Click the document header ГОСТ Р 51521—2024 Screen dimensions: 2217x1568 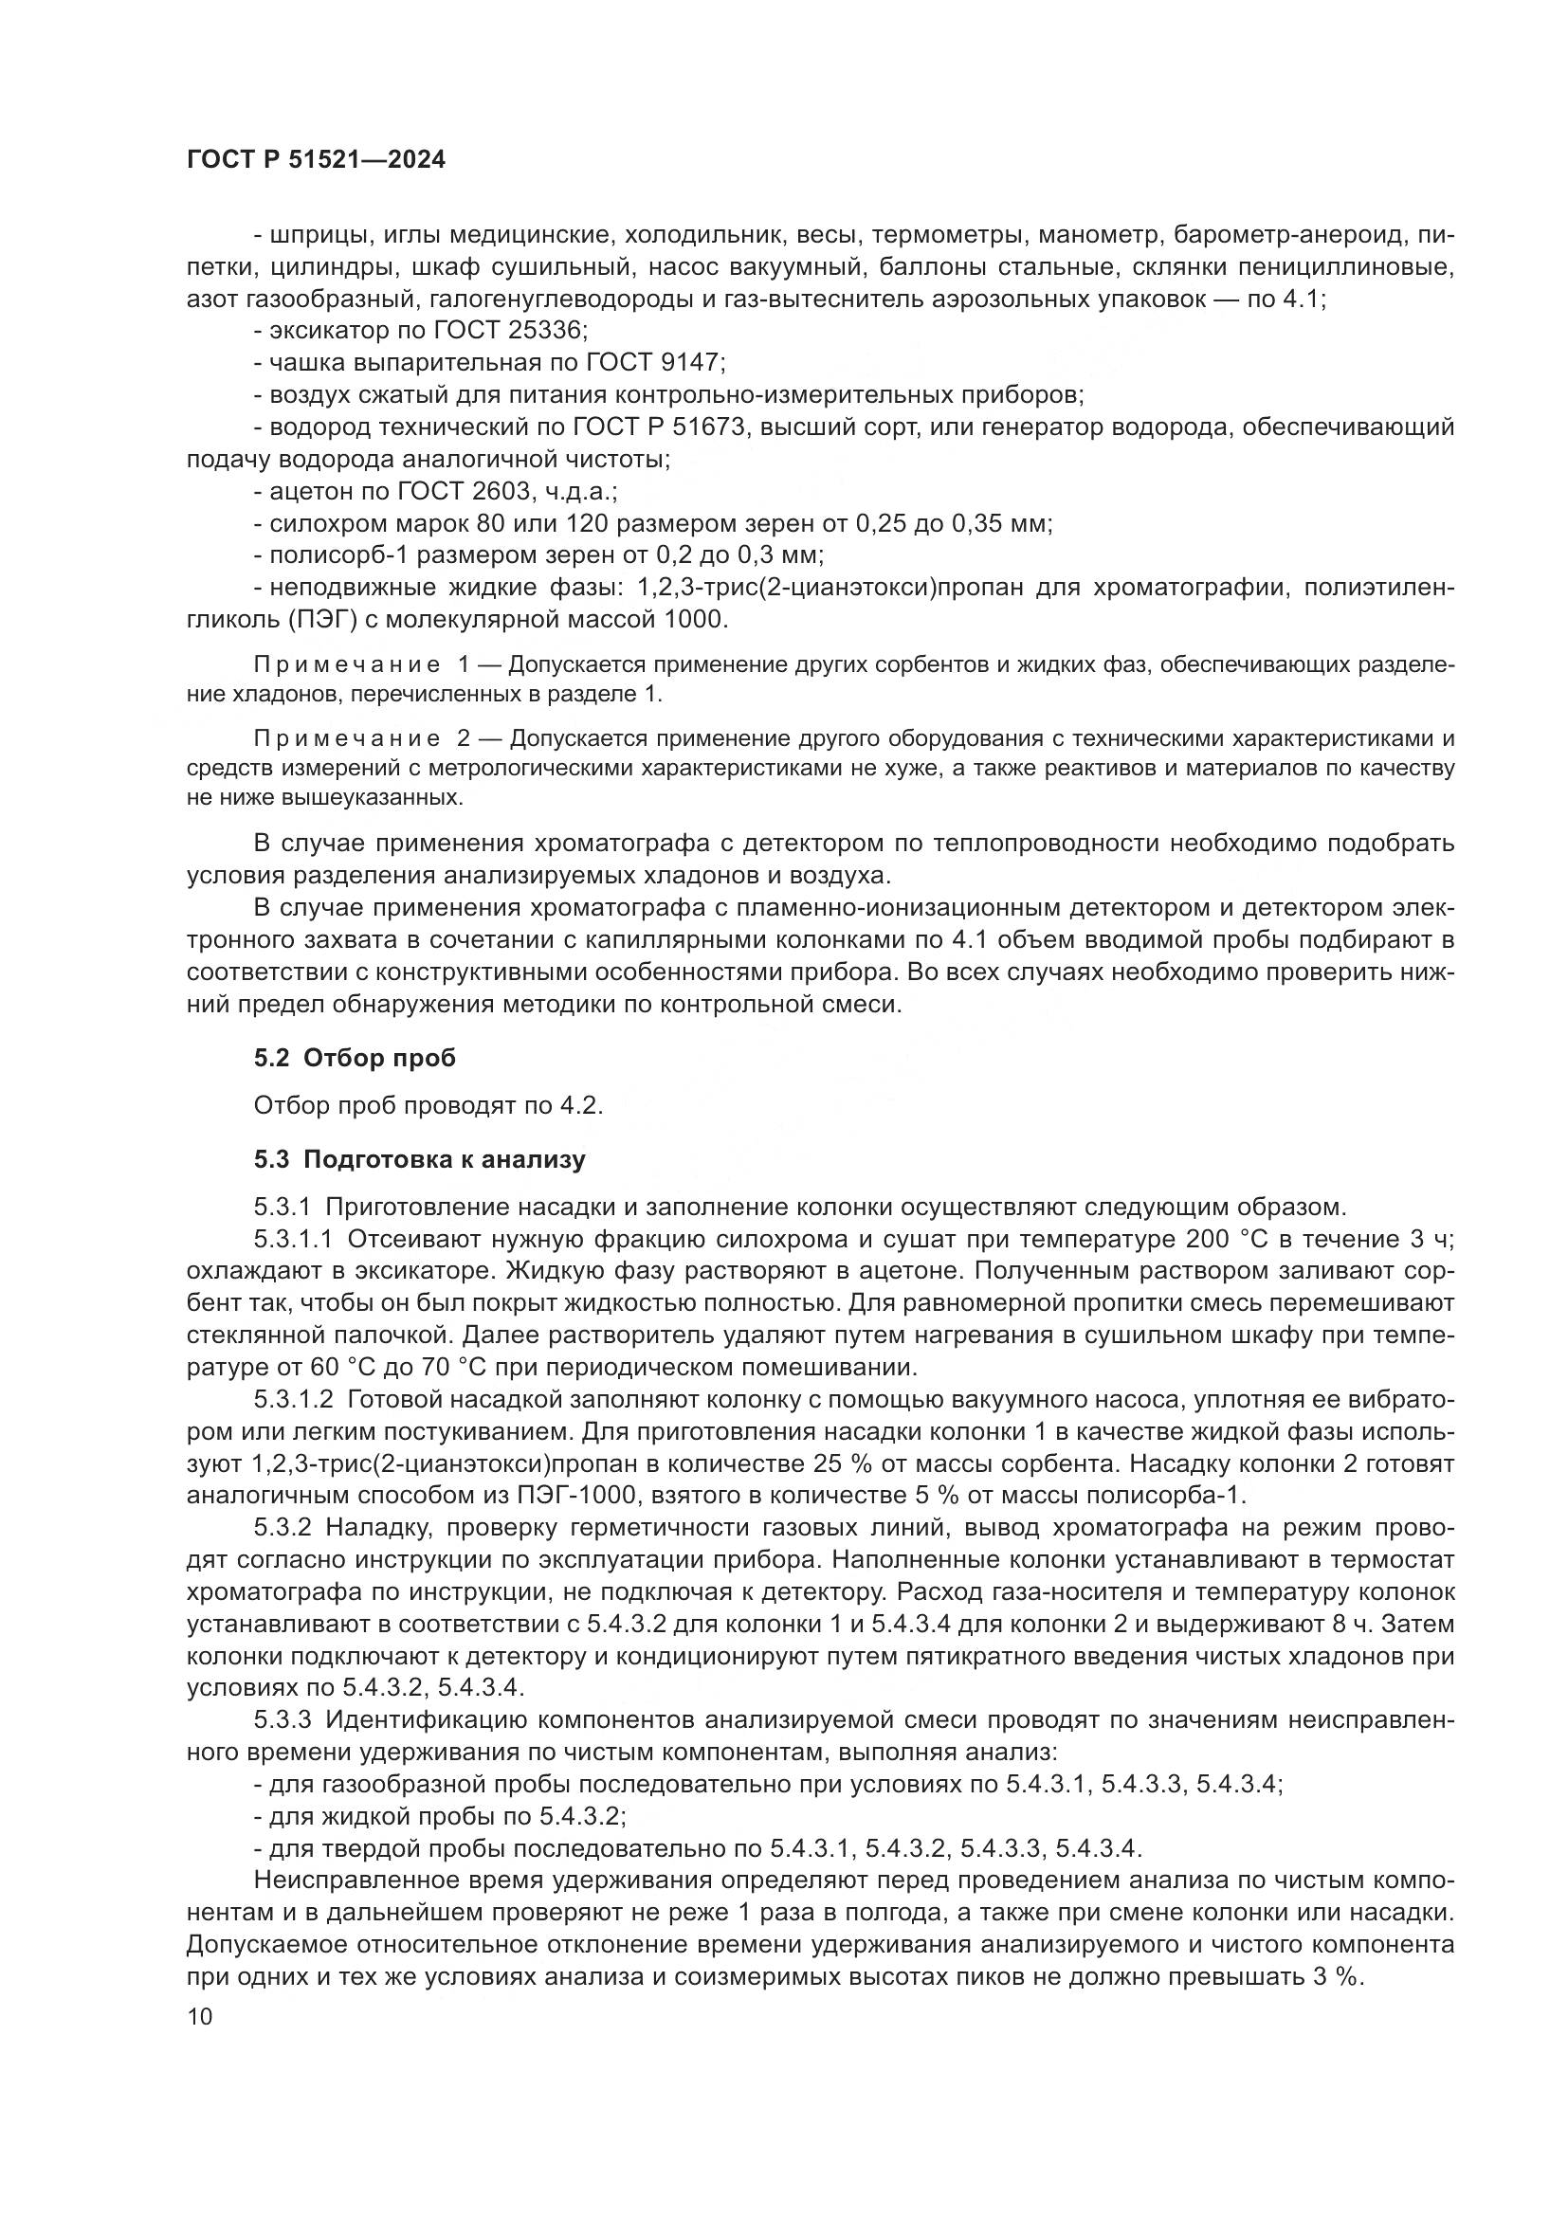316,160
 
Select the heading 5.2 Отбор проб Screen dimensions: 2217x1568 355,1059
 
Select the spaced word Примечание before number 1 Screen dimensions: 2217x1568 347,664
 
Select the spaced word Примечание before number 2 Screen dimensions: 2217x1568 347,738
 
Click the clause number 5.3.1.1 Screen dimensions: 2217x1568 294,1239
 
